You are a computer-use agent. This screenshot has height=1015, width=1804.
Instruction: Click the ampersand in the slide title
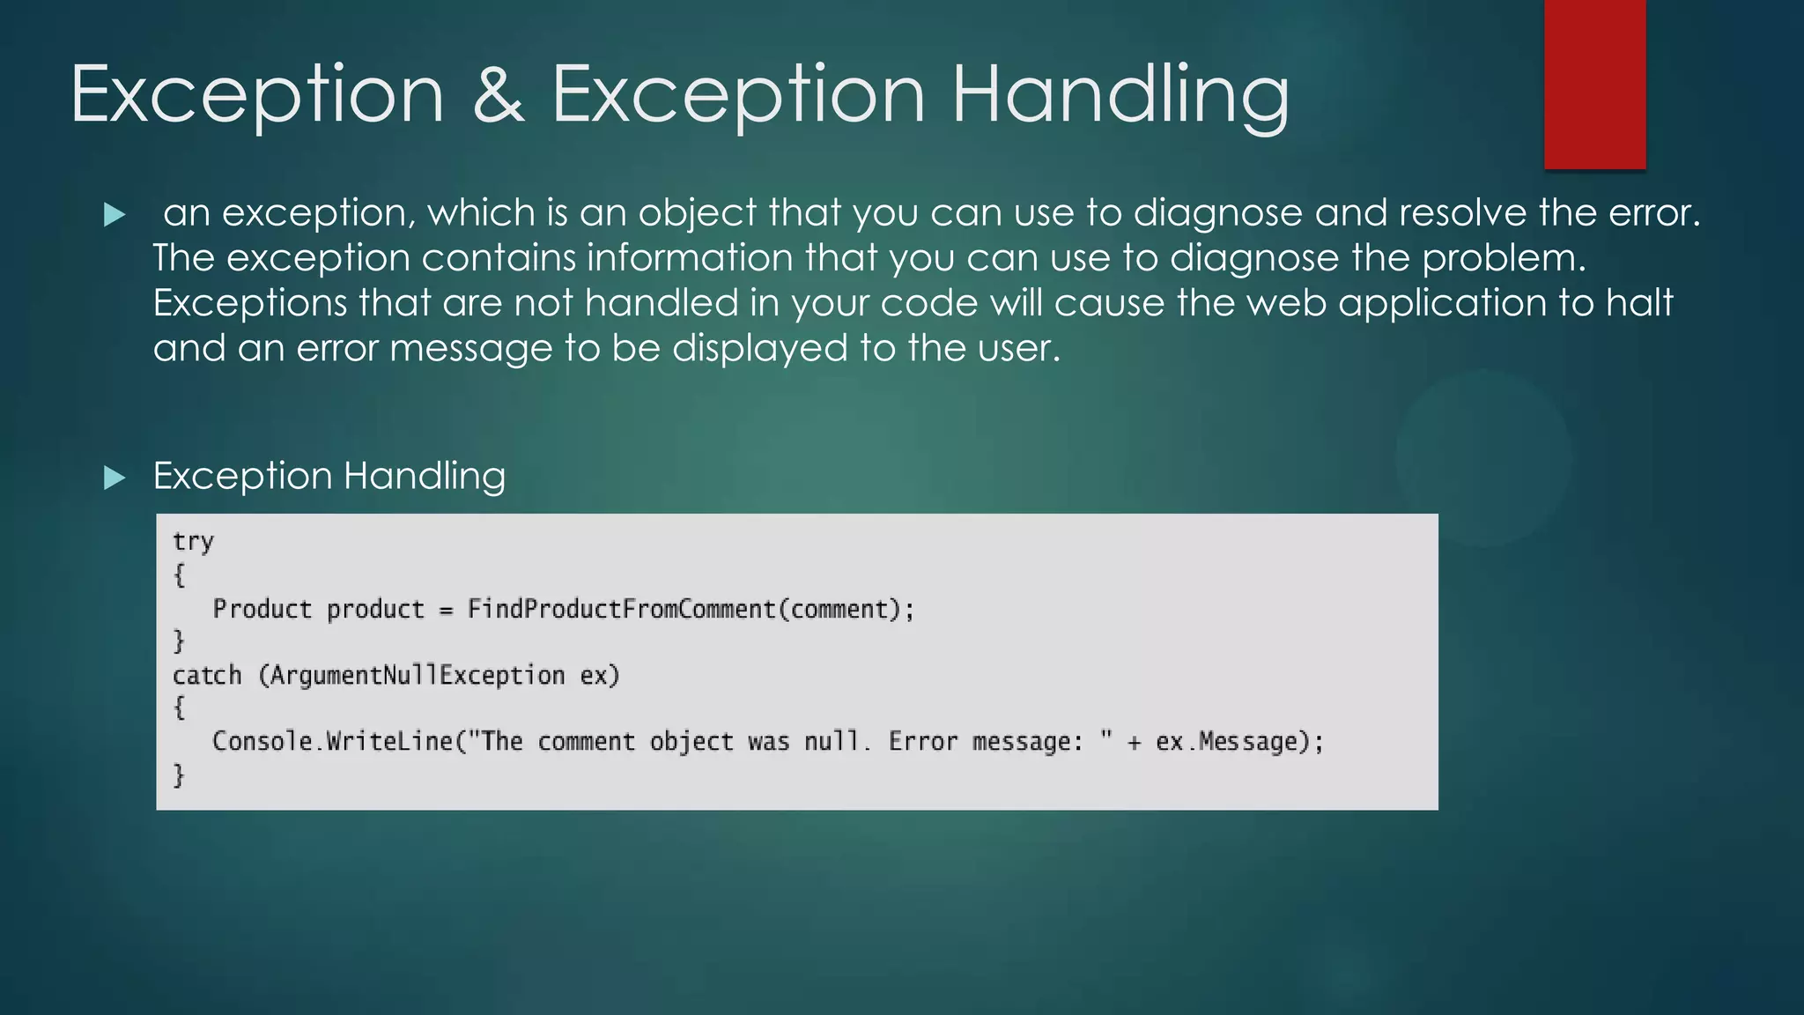point(499,95)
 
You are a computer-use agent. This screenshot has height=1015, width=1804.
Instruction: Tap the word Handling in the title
point(1120,95)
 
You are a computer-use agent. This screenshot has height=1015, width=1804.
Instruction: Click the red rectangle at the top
point(1594,84)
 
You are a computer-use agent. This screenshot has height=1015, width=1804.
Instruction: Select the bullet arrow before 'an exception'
point(115,214)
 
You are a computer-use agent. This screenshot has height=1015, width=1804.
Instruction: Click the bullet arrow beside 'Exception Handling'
point(115,478)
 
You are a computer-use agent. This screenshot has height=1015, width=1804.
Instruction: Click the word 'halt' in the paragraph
point(1639,303)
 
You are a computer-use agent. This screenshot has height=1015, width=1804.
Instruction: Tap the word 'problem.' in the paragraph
point(1504,258)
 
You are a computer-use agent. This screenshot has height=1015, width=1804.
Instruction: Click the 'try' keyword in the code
point(193,541)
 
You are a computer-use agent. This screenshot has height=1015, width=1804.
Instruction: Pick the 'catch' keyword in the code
point(207,676)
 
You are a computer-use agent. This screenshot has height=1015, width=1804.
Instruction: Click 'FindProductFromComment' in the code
point(621,609)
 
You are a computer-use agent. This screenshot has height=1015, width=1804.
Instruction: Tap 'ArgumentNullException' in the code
point(417,676)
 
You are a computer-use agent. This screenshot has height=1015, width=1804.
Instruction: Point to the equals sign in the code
point(446,610)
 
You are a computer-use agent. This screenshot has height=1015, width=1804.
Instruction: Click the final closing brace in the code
point(179,774)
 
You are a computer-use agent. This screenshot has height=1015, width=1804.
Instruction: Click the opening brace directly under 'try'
point(179,575)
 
